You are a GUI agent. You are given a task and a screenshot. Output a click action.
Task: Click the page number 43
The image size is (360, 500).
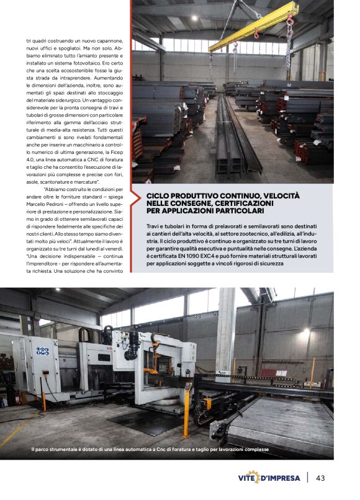[x=321, y=478]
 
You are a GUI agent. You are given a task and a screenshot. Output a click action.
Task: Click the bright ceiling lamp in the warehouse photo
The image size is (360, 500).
[x=178, y=19]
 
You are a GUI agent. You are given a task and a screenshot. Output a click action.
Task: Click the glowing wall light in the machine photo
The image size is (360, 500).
[x=305, y=333]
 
